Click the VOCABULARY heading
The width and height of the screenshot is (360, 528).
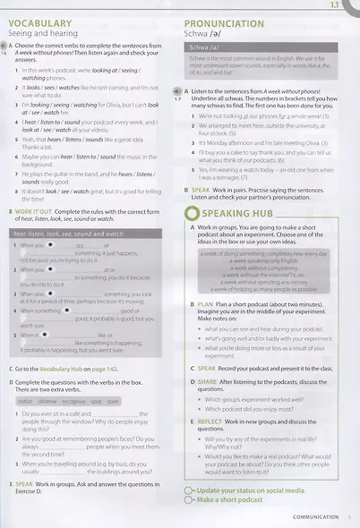[42, 22]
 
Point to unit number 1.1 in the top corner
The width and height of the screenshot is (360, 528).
[344, 5]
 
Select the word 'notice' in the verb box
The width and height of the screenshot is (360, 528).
[24, 401]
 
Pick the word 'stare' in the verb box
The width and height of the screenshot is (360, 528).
[113, 401]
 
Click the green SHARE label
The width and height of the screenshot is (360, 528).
[207, 380]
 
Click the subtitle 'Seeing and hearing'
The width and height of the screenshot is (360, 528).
[43, 33]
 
